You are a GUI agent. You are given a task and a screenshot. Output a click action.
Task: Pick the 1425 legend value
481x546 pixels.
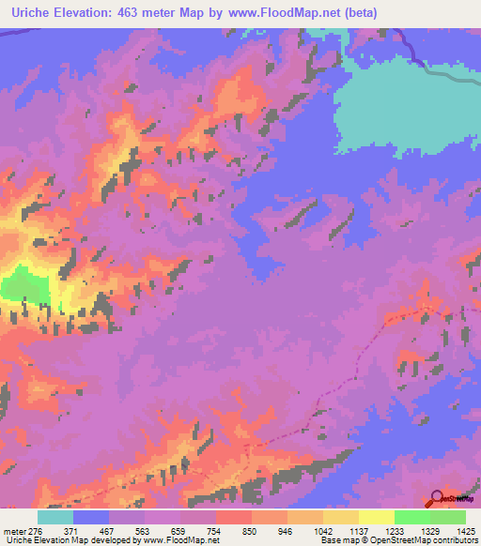click(463, 530)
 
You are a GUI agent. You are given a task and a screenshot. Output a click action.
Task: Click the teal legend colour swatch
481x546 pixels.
click(55, 517)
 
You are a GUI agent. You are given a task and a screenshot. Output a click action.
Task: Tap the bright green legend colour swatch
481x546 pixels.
click(412, 517)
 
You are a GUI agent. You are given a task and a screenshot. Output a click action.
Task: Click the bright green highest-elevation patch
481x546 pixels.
click(23, 286)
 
